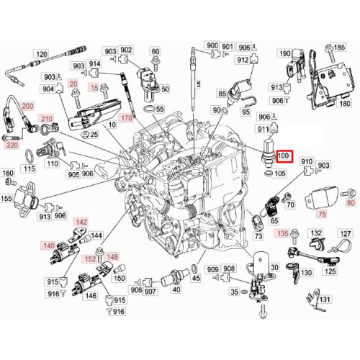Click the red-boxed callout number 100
pos(283,156)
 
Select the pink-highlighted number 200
pos(28,106)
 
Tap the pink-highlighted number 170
pos(127,116)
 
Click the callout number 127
pos(346,234)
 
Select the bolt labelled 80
pos(344,193)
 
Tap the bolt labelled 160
pos(9,184)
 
